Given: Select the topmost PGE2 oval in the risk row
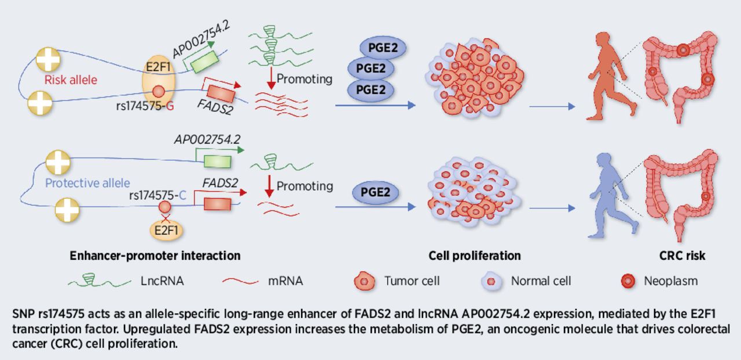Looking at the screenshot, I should [383, 47].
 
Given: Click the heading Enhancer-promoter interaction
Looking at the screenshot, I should [155, 255].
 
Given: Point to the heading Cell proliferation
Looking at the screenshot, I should [474, 255].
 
